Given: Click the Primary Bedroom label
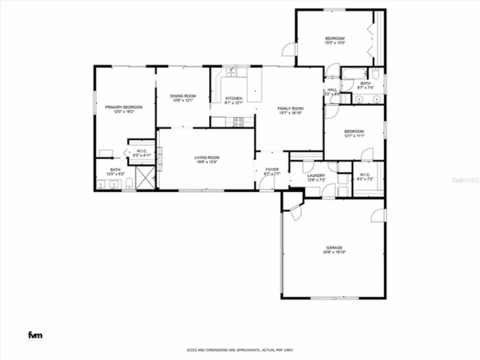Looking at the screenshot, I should tap(123, 107).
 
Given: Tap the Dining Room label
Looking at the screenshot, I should tap(183, 96).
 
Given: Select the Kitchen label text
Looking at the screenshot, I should tap(234, 99).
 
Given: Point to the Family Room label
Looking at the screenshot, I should tap(290, 109).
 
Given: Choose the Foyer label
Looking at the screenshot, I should tap(272, 169).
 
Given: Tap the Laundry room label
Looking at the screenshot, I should tap(316, 175).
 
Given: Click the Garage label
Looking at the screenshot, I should tap(334, 247).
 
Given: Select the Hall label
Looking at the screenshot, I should tap(332, 90).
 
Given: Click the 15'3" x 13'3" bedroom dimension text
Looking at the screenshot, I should tap(334, 43).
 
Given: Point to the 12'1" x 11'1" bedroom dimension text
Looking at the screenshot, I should tap(354, 136).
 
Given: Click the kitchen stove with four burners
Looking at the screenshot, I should tap(238, 121).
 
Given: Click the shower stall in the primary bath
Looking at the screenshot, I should tap(145, 177).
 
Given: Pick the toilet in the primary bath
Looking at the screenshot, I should tap(129, 183).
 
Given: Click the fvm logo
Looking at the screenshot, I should tap(35, 335).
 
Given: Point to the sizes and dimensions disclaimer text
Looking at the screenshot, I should tap(240, 350).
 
